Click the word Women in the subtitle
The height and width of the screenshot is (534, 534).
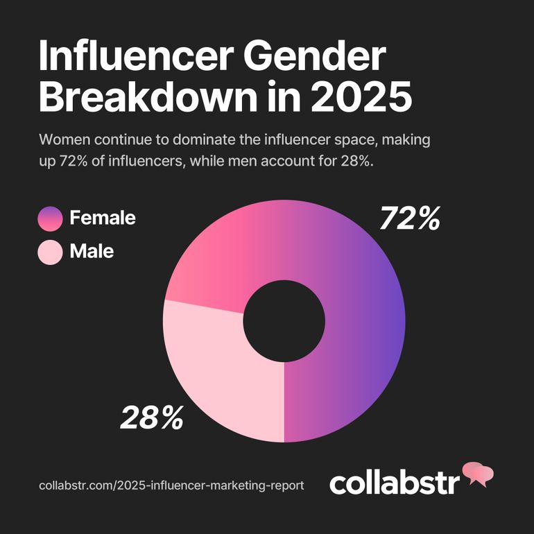pyautogui.click(x=63, y=139)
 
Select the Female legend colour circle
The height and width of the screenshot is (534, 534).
pyautogui.click(x=51, y=218)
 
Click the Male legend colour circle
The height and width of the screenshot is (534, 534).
pyautogui.click(x=51, y=251)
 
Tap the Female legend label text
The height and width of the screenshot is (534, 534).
pyautogui.click(x=103, y=218)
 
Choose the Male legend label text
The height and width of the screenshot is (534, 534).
pyautogui.click(x=92, y=251)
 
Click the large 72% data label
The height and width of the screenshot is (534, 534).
pyautogui.click(x=410, y=219)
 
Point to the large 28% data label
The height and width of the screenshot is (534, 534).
pyautogui.click(x=152, y=417)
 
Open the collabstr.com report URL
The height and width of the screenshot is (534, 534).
pyautogui.click(x=171, y=485)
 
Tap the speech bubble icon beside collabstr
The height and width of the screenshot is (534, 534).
pyautogui.click(x=478, y=474)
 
